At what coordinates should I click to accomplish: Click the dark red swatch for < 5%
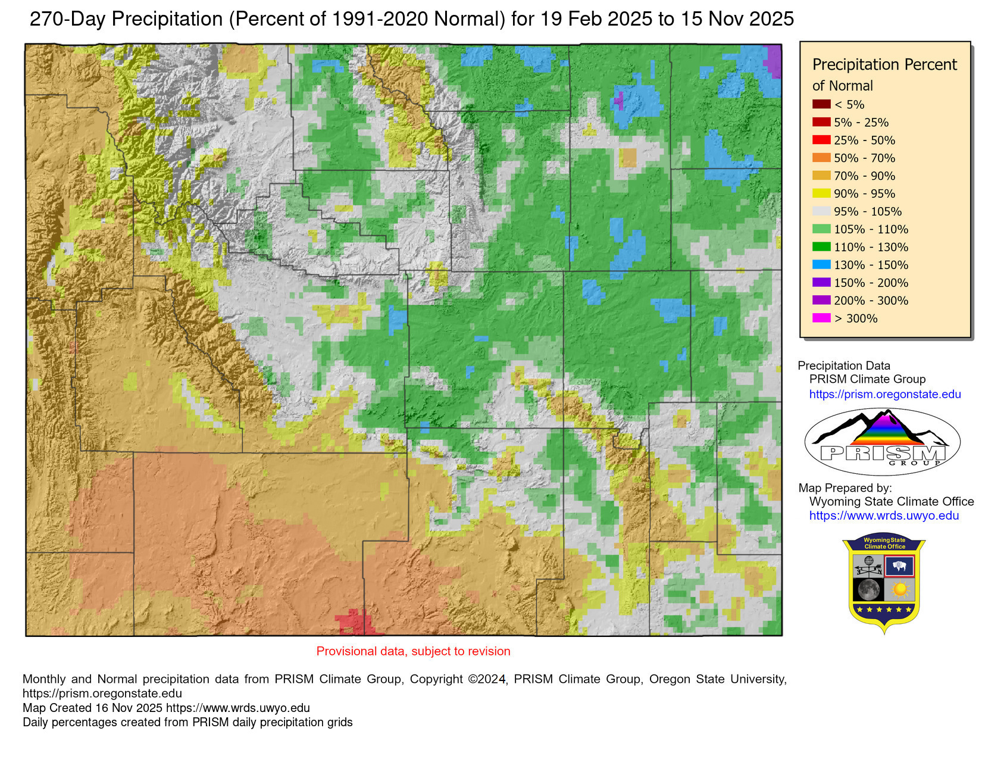[821, 104]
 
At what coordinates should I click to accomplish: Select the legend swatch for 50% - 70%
[821, 158]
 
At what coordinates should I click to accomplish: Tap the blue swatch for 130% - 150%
[821, 265]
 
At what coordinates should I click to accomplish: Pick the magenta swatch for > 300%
[821, 318]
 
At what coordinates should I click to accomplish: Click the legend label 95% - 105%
[867, 211]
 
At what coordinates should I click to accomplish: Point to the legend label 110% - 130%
[871, 247]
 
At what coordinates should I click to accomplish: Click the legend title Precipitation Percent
[884, 64]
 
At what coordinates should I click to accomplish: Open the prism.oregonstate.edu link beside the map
[884, 394]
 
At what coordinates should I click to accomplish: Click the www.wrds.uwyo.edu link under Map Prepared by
[884, 516]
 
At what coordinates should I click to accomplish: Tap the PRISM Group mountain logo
[882, 441]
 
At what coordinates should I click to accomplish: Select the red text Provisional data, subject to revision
[413, 651]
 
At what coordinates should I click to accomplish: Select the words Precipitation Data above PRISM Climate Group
[843, 366]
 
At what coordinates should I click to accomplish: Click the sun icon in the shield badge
[899, 590]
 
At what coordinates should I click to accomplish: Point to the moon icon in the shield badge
[868, 590]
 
